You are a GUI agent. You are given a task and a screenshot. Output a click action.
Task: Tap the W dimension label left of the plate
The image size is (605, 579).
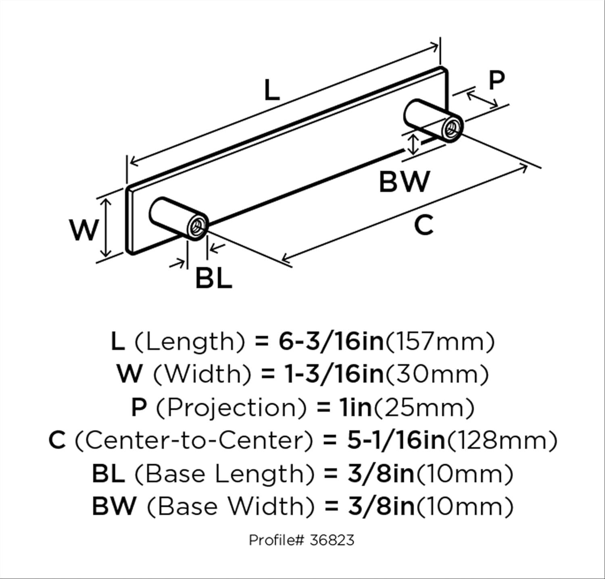[x=84, y=230]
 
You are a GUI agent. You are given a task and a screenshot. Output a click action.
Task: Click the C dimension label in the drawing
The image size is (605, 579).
[x=423, y=225]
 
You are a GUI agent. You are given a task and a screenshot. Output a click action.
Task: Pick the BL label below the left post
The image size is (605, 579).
[x=214, y=278]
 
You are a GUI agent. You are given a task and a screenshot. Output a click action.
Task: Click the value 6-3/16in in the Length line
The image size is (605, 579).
[x=331, y=342]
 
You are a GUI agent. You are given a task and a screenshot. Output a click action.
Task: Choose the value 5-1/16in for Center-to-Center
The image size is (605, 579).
[x=396, y=440]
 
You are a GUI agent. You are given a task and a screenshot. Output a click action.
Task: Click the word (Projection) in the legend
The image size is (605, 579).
[x=231, y=408]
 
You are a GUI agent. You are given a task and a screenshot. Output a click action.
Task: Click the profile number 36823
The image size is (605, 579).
[x=332, y=539]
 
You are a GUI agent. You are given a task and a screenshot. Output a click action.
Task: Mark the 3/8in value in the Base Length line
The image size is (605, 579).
[x=381, y=473]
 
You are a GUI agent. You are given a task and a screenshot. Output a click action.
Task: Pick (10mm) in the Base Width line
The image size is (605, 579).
[x=465, y=507]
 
